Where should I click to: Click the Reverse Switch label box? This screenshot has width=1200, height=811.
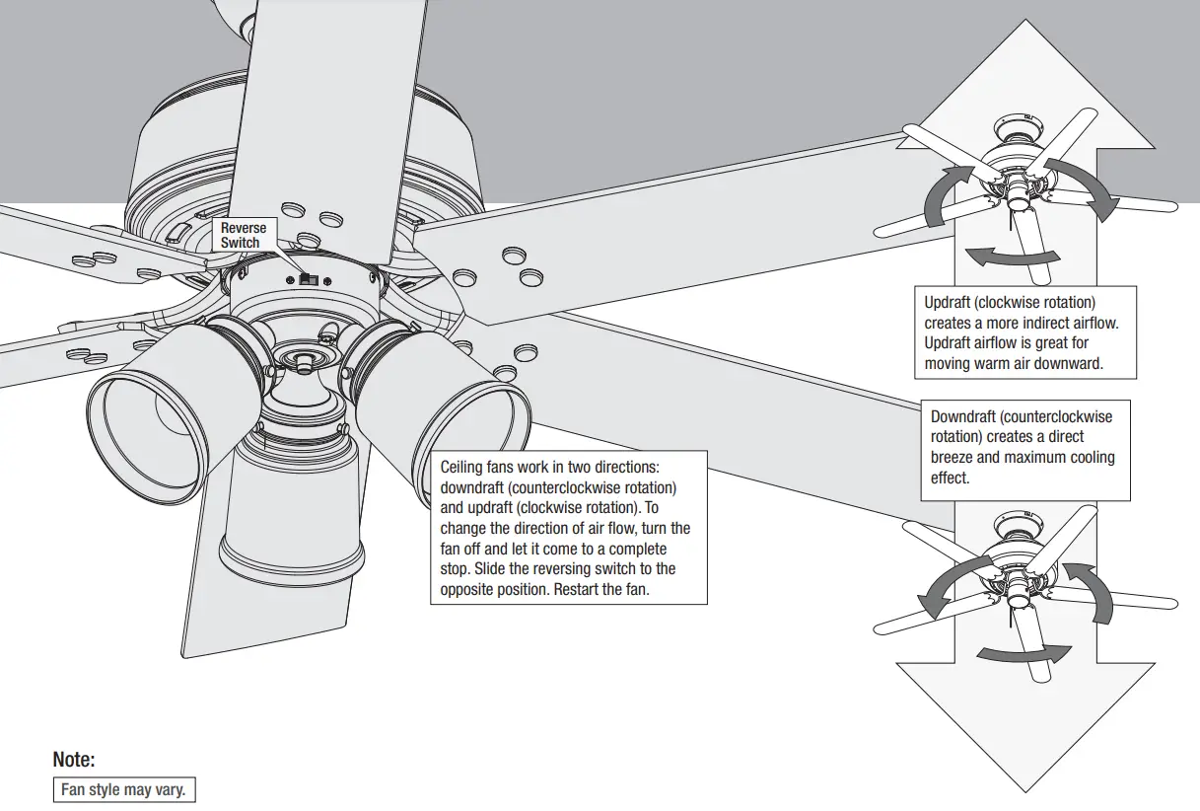tap(243, 235)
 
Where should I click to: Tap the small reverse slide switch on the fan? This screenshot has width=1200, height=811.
tap(307, 280)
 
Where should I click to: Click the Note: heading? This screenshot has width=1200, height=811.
tap(74, 760)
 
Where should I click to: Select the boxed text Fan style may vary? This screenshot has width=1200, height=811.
tap(122, 790)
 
